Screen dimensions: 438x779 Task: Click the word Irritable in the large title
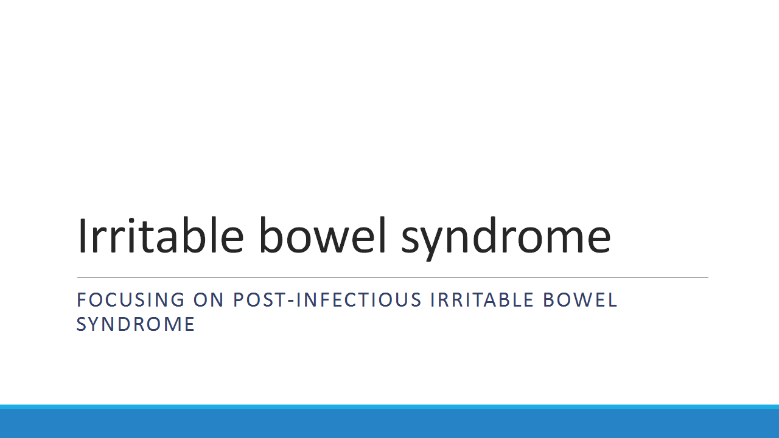tap(160, 236)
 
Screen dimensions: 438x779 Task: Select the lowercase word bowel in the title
tap(323, 236)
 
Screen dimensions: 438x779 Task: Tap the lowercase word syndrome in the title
tap(506, 237)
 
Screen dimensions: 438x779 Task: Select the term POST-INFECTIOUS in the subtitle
tap(327, 300)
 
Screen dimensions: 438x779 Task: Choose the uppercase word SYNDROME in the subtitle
tap(135, 324)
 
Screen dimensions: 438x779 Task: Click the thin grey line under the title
tap(393, 278)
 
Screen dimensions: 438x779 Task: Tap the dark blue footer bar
tap(389, 423)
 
